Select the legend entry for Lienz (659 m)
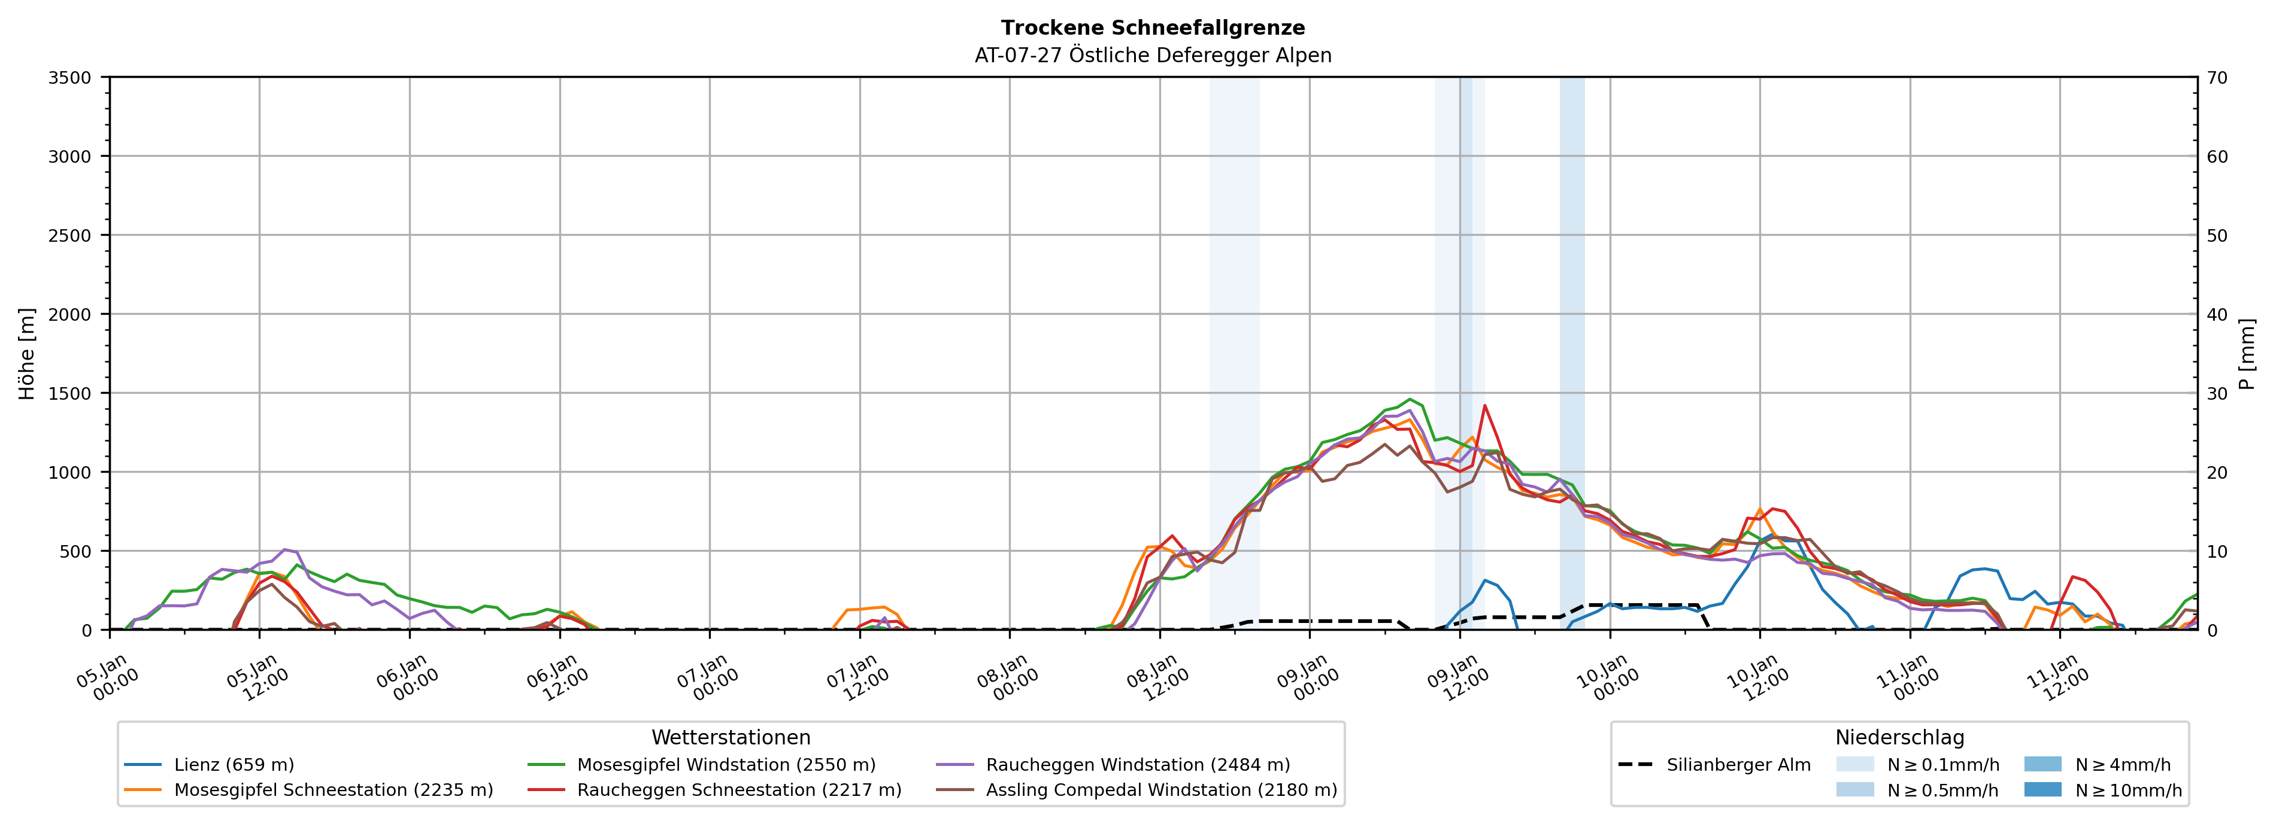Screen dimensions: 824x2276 pyautogui.click(x=234, y=765)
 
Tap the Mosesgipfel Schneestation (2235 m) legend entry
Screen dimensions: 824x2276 pyautogui.click(x=333, y=789)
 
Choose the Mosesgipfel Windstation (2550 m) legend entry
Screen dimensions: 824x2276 pyautogui.click(x=725, y=765)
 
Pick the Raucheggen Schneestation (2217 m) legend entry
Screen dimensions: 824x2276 pyautogui.click(x=739, y=789)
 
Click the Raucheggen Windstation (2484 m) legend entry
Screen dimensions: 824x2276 pyautogui.click(x=1137, y=765)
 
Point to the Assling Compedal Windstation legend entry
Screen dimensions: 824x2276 pyautogui.click(x=1161, y=789)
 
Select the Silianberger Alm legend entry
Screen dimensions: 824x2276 pyautogui.click(x=1738, y=765)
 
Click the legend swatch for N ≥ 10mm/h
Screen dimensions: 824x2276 pyautogui.click(x=2042, y=789)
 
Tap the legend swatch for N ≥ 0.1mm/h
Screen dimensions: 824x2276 pyautogui.click(x=1854, y=764)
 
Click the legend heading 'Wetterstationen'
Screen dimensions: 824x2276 pyautogui.click(x=731, y=737)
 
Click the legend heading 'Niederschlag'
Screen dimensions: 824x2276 pyautogui.click(x=1899, y=737)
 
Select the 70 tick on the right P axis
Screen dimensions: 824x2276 pyautogui.click(x=2217, y=78)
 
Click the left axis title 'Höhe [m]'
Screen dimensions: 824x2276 pyautogui.click(x=28, y=353)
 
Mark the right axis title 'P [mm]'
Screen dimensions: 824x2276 pyautogui.click(x=2247, y=353)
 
